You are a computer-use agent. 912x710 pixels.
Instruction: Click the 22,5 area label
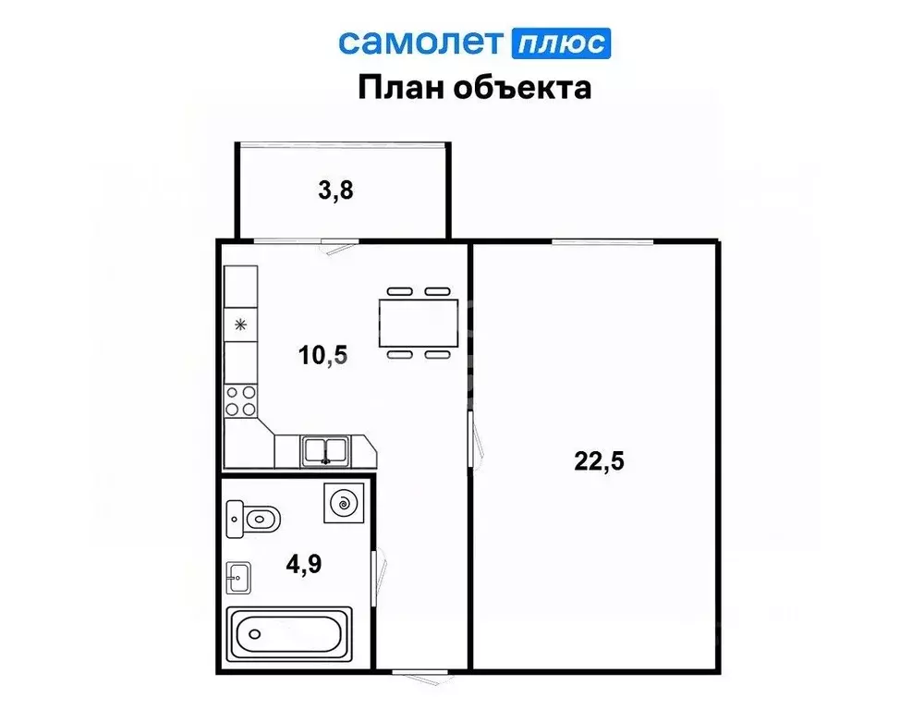[600, 461]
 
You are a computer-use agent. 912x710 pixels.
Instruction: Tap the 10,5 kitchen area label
[323, 354]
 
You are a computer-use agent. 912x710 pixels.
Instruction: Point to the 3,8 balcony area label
[336, 191]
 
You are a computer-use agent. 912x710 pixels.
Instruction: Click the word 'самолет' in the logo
[420, 42]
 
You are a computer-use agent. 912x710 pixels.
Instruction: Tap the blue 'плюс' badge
[560, 43]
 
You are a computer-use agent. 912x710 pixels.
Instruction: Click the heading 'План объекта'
[474, 88]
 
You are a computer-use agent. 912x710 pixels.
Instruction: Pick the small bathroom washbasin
[237, 579]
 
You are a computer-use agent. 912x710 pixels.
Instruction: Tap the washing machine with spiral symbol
[344, 504]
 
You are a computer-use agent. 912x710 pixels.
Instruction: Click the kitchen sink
[324, 451]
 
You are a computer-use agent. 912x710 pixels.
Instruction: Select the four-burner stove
[240, 401]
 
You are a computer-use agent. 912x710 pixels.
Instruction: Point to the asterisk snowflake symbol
[240, 324]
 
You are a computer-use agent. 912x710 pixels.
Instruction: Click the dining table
[419, 321]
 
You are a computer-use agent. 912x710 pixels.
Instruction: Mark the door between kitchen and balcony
[335, 243]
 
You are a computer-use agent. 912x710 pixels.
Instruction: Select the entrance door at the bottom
[417, 669]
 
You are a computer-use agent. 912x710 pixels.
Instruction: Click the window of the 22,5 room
[602, 242]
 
